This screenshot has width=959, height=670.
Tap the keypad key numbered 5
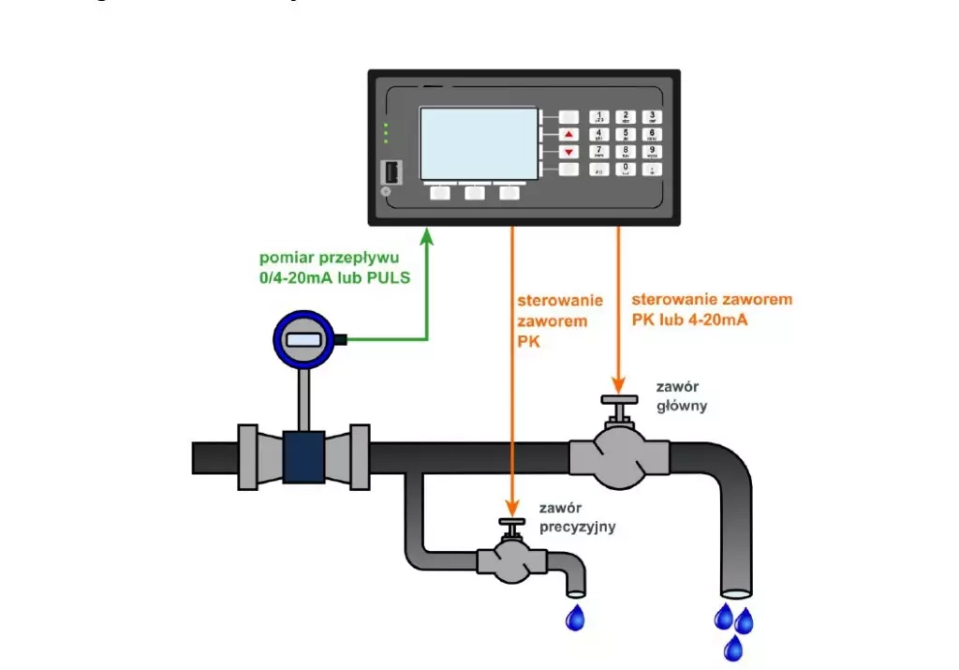click(626, 134)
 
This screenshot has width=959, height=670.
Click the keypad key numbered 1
click(599, 116)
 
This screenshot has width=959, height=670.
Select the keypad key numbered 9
click(652, 151)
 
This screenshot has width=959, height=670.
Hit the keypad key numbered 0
click(626, 169)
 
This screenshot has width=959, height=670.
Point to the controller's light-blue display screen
click(479, 141)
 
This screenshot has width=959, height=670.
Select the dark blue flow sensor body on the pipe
click(302, 456)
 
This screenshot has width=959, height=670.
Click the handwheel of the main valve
click(617, 401)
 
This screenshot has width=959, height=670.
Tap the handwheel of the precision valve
click(511, 523)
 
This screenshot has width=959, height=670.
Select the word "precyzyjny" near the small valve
click(578, 527)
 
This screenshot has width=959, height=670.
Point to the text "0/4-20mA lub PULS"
click(335, 278)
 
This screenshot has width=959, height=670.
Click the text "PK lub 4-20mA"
click(693, 319)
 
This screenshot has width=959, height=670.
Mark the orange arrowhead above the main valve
click(618, 384)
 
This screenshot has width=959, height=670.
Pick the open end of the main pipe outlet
click(735, 592)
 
